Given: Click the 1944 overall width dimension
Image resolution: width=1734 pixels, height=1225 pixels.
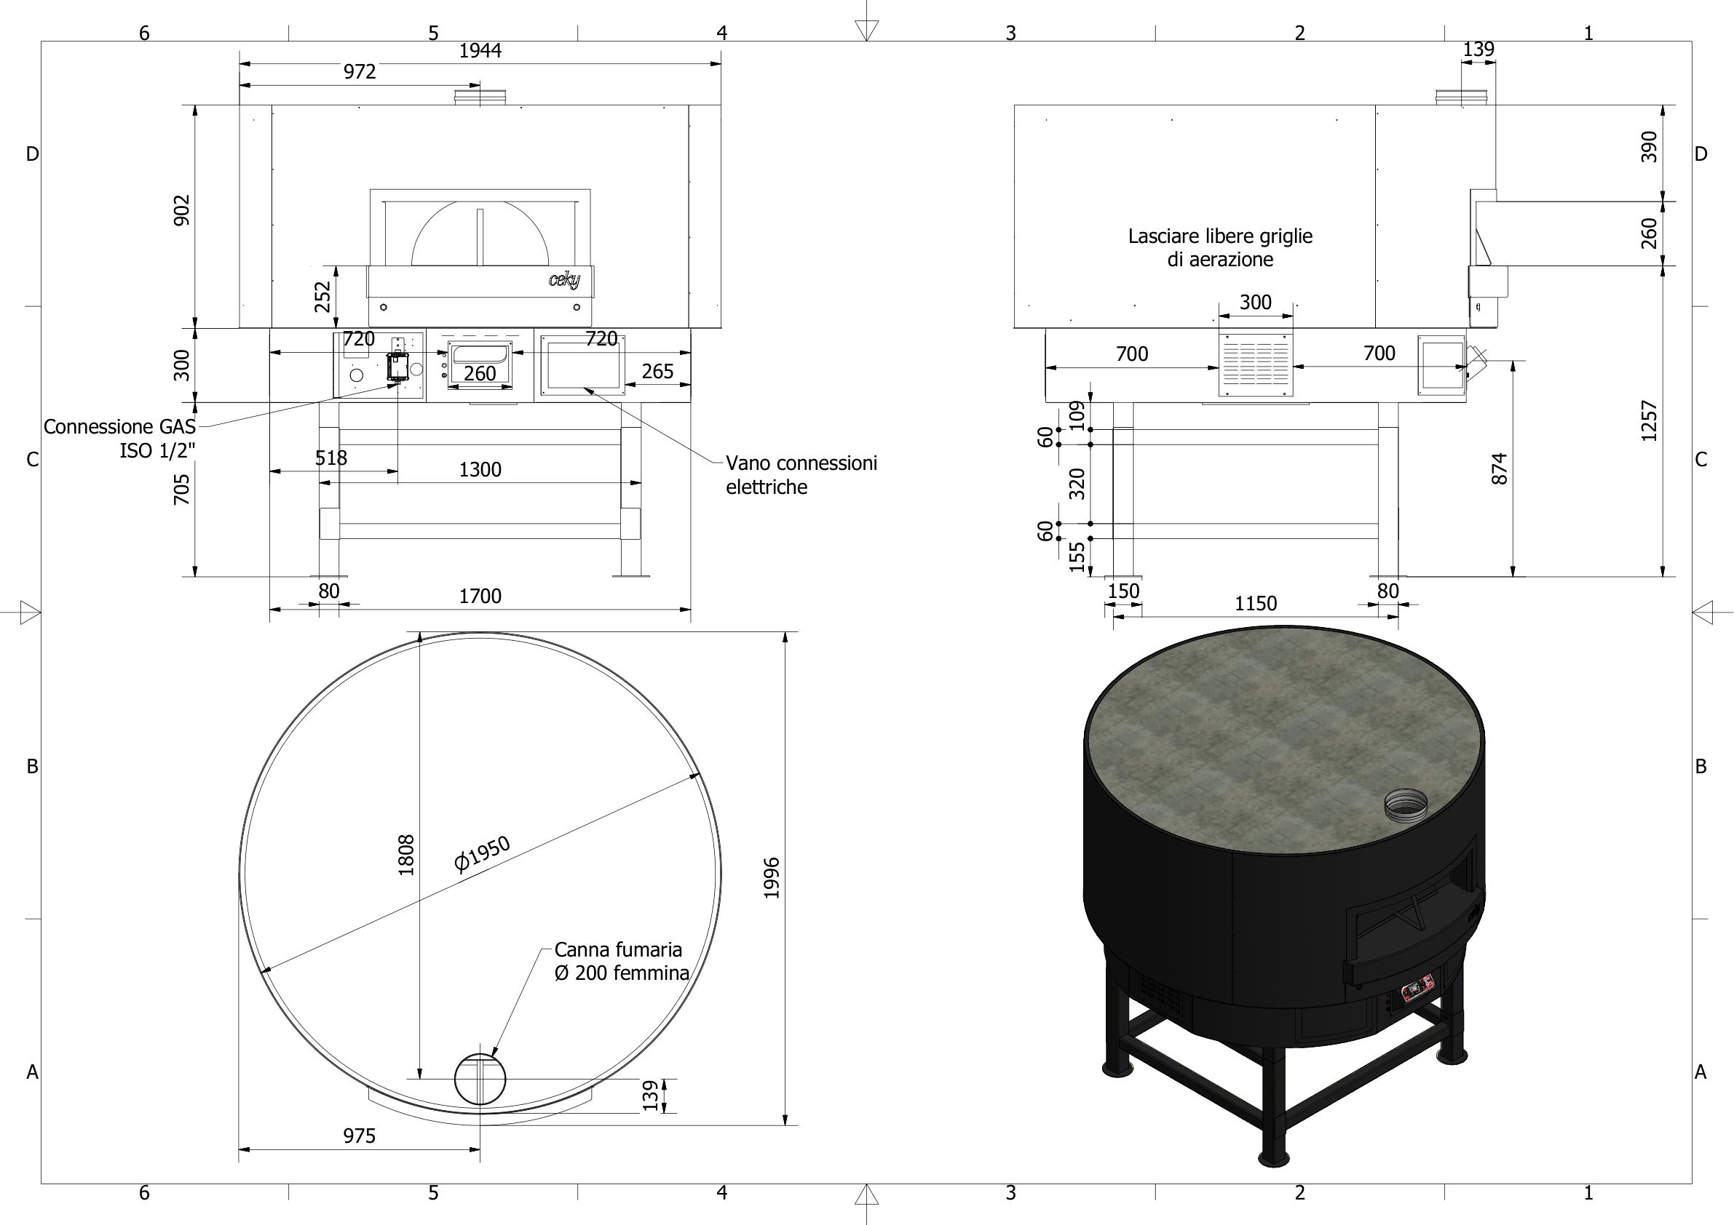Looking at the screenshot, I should (x=480, y=51).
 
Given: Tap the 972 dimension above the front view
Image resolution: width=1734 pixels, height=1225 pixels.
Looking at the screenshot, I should (x=360, y=72).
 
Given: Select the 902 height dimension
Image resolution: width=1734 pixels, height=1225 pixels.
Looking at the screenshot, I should (x=182, y=210).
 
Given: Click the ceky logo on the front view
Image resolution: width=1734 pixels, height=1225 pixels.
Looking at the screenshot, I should (x=564, y=280).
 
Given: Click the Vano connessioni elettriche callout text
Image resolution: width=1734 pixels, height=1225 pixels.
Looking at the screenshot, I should (x=801, y=475).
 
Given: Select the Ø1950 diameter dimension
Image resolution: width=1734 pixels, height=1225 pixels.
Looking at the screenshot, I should (x=482, y=855).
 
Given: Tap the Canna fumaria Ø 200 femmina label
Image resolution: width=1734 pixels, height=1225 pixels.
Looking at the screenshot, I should (x=621, y=961).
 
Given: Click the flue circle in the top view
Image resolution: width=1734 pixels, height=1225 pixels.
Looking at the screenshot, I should (x=480, y=1079).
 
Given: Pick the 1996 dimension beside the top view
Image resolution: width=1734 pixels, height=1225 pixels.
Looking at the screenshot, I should (x=771, y=878).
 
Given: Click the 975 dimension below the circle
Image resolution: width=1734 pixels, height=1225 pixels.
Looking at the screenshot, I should (x=359, y=1136).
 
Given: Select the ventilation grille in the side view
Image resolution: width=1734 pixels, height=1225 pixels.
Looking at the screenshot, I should (x=1255, y=364).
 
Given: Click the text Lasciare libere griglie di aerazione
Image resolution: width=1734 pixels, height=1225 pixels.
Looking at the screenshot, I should (x=1219, y=247).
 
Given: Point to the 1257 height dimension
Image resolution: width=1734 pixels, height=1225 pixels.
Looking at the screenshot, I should (x=1649, y=420).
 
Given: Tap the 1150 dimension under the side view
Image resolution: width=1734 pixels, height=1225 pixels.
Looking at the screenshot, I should (x=1255, y=604).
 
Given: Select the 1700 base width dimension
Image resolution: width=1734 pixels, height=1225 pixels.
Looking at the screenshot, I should (x=480, y=596).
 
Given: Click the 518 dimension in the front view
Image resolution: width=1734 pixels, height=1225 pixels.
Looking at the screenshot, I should (x=330, y=458).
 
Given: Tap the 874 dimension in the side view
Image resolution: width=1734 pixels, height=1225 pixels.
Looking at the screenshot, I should (x=1499, y=468).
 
